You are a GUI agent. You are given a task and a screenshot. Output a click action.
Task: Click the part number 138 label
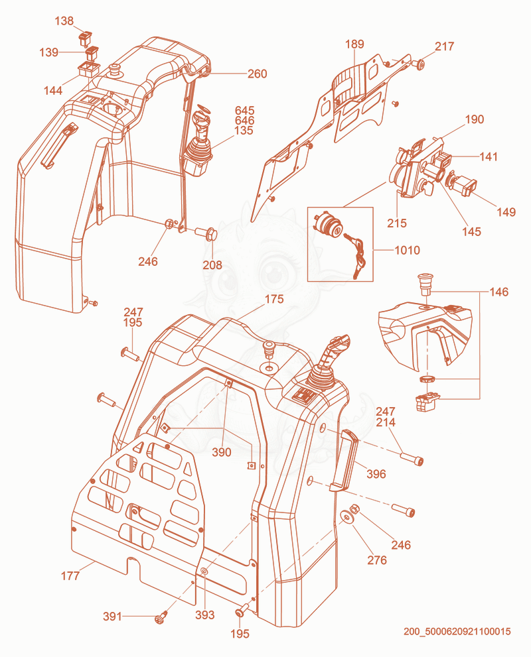coord(64,21)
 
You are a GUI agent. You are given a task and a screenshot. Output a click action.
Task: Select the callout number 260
coord(257,74)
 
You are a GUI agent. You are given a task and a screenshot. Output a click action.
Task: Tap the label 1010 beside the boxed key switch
coord(407,250)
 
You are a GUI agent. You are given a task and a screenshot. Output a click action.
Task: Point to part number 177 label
coord(70,575)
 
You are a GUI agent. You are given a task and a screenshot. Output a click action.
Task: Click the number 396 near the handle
coord(376,474)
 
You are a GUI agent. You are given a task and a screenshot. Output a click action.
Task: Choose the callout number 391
coord(112,617)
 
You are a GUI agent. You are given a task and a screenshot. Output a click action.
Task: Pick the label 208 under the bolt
coord(212,265)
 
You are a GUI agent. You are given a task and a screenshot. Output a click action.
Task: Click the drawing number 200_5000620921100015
coord(457,631)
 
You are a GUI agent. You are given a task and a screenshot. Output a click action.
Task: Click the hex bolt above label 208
coord(206,232)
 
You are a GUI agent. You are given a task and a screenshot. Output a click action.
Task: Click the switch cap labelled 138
coord(86,37)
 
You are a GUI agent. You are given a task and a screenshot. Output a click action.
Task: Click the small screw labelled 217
coord(418,64)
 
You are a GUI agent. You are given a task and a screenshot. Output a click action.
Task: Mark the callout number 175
coord(274,299)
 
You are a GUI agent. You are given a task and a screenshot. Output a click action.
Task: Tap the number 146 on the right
coord(499,292)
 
